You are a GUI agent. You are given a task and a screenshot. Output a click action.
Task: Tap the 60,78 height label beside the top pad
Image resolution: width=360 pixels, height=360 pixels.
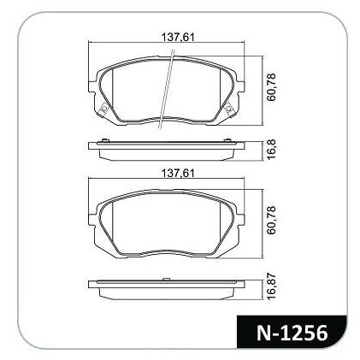[x=271, y=87]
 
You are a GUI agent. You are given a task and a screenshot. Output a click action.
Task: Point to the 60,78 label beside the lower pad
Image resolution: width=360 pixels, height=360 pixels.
[x=271, y=220]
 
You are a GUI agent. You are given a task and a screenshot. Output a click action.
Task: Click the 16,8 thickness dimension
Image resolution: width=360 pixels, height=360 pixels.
[x=271, y=150]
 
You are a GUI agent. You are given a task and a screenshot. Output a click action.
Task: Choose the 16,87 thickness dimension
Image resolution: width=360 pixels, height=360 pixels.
[x=271, y=286]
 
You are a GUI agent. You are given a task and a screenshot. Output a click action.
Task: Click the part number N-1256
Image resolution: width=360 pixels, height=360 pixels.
[x=292, y=333]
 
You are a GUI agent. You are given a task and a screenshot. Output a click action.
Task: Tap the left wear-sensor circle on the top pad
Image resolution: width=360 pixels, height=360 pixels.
[x=104, y=109]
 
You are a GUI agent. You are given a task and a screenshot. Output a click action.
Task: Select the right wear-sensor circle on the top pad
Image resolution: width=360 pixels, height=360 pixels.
[x=228, y=109]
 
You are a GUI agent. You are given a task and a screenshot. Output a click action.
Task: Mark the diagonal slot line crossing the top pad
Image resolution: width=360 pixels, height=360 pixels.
[x=167, y=89]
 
